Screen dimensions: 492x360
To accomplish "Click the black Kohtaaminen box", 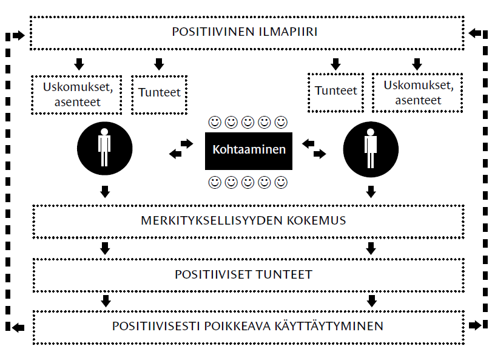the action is [249, 151].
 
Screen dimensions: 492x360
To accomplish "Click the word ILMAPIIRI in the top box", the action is [288, 32].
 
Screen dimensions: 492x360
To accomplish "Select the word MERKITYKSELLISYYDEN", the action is [212, 220].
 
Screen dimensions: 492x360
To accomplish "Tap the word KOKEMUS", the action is [316, 220].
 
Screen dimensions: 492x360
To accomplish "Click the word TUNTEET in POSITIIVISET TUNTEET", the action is [284, 274].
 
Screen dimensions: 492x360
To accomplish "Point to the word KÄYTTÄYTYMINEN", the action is [329, 325].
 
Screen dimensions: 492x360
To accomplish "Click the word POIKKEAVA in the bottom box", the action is [237, 326].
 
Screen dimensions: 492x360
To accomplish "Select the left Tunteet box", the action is [160, 95].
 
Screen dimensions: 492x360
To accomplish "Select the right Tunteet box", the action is [335, 93].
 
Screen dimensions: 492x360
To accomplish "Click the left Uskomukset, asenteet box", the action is [76, 95].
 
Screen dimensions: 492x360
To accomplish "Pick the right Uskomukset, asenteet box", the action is [417, 93].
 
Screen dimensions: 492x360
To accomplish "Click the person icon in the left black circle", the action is [104, 147].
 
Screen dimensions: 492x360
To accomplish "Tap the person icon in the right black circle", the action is [371, 148].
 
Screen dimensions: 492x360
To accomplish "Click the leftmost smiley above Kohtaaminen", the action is [215, 123].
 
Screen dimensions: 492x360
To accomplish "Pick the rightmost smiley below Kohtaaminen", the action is [281, 182].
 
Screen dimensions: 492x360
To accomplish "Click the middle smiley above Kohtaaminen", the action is [248, 123].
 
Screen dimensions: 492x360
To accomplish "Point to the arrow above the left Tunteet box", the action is [159, 64].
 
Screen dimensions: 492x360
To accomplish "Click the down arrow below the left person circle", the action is [105, 191].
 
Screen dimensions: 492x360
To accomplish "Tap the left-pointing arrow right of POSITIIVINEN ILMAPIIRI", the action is [475, 33].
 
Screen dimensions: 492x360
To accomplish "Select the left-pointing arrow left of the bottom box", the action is [18, 328].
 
